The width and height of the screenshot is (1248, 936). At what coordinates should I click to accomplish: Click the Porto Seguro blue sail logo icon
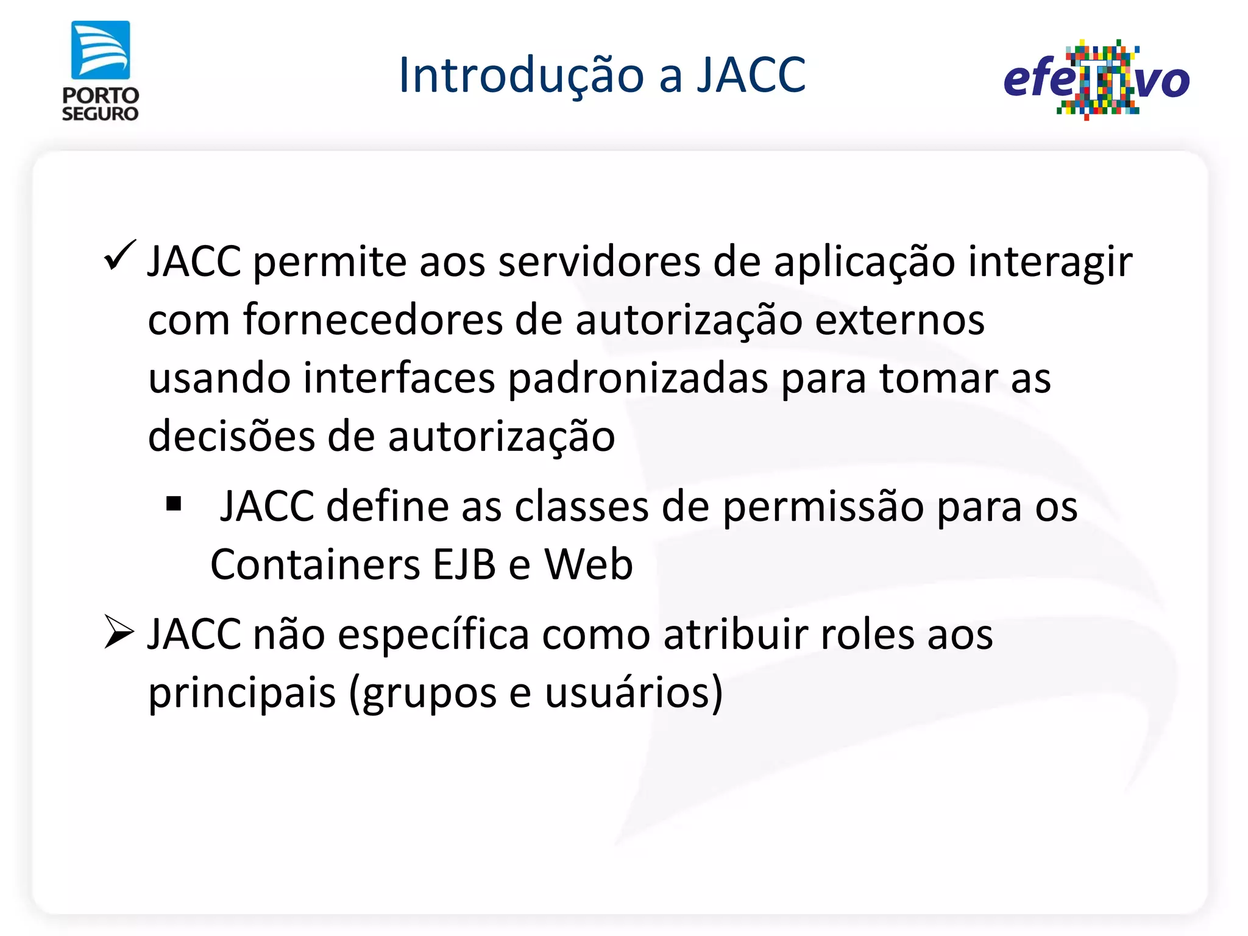pos(101,51)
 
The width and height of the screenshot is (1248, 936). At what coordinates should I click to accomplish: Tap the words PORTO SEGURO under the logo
pos(101,105)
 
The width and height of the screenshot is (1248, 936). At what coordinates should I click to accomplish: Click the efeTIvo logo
pos(1096,80)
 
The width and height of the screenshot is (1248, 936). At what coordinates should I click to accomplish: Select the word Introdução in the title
pos(521,75)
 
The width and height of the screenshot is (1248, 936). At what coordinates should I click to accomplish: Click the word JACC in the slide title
pos(751,75)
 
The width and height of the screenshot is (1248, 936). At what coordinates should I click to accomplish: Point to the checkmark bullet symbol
pos(119,256)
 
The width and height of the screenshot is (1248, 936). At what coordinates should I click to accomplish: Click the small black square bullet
pos(174,504)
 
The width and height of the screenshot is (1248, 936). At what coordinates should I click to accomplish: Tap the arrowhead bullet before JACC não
pos(118,632)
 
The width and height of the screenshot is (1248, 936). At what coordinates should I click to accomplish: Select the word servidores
pos(598,262)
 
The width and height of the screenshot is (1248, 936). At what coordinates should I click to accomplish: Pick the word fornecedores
pos(372,320)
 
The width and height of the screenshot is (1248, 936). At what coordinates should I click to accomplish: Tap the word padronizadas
pos(638,379)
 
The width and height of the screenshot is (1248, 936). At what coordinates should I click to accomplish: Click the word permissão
pos(823,507)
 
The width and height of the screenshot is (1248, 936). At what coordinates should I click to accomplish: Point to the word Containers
pos(315,564)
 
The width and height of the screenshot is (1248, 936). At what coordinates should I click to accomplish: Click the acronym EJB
pos(464,564)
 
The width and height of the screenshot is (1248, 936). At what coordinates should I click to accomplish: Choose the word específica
pos(433,635)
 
